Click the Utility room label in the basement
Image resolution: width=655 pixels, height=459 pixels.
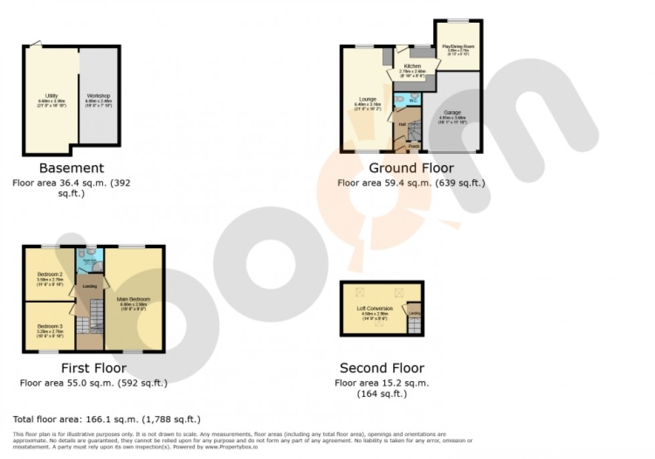click(51, 96)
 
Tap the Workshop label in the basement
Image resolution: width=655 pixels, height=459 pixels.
click(98, 96)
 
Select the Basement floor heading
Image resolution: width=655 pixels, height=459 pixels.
click(72, 168)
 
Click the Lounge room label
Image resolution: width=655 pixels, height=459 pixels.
click(367, 99)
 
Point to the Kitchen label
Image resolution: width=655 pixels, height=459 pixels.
click(412, 66)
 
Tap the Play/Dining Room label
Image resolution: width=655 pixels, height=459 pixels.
click(458, 46)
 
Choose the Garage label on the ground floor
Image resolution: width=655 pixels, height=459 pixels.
click(452, 112)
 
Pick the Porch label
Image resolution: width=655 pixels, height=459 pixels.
click(414, 146)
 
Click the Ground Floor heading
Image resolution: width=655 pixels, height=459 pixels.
click(411, 168)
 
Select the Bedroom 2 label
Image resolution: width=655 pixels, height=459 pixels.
click(49, 274)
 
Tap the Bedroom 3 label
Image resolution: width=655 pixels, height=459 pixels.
click(49, 326)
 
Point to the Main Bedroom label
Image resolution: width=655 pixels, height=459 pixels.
click(134, 299)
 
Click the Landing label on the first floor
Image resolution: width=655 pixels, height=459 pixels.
click(90, 286)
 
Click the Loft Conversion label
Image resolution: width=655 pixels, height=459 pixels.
click(374, 308)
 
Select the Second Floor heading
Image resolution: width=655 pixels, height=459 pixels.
click(382, 368)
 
